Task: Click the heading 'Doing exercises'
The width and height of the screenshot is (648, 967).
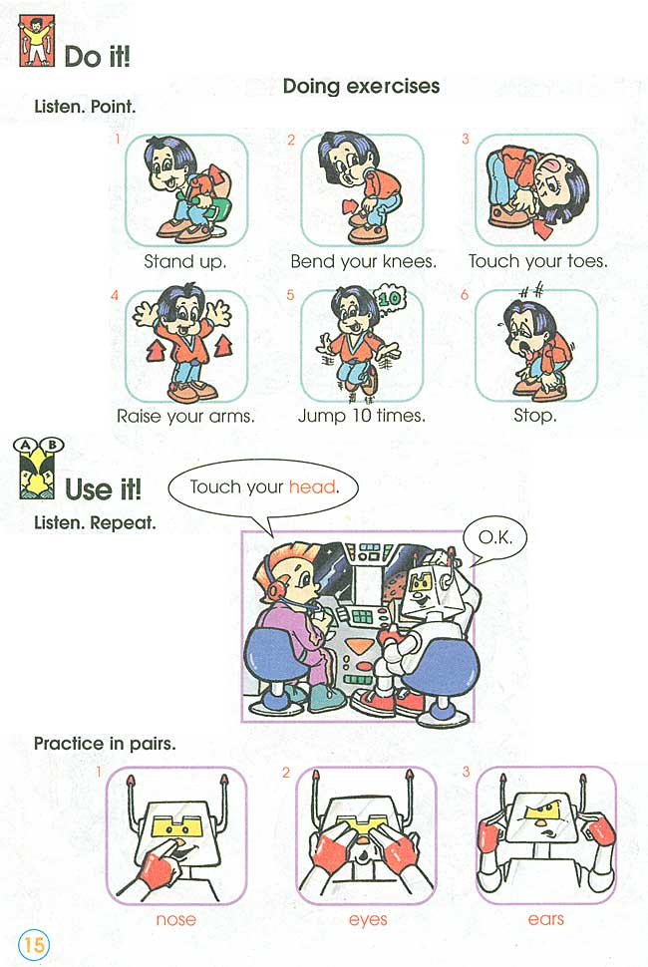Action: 361,86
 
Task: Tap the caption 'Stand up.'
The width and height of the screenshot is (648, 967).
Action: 185,262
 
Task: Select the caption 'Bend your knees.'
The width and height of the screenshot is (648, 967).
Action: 363,262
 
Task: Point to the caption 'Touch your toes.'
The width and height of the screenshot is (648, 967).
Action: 537,262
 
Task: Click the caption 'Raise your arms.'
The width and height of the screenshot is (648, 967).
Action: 185,416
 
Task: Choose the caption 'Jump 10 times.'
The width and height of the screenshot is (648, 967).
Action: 361,416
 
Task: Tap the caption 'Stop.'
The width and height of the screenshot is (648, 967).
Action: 534,416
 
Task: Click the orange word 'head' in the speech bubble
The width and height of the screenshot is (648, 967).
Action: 312,487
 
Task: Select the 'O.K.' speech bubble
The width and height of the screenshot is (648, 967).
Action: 494,537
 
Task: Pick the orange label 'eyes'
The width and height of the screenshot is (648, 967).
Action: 368,919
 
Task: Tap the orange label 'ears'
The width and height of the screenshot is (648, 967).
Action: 545,919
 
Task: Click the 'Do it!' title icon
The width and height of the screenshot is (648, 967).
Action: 37,44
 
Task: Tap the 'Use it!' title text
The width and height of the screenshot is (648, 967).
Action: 103,489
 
